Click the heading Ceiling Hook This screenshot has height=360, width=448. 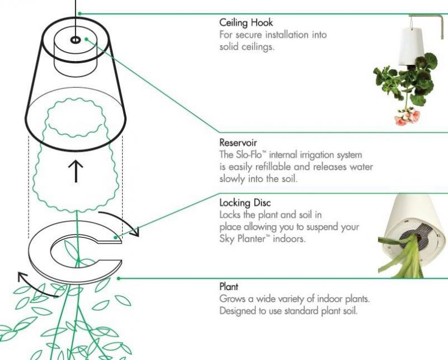246,24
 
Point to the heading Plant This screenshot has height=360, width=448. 227,287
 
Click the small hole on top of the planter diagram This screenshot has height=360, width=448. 75,40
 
